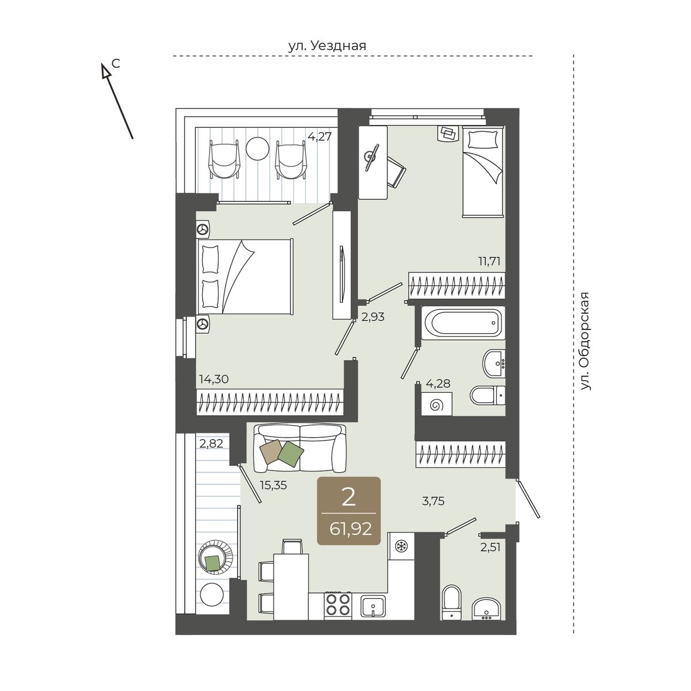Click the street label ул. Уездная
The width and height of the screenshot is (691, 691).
pyautogui.click(x=327, y=46)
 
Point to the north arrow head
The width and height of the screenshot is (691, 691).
pyautogui.click(x=105, y=71)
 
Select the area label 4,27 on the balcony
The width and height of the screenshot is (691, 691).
pyautogui.click(x=320, y=136)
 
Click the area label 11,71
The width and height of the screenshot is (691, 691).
pyautogui.click(x=488, y=261)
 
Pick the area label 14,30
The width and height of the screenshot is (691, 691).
pyautogui.click(x=214, y=379)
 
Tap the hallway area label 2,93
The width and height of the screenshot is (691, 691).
pyautogui.click(x=373, y=317)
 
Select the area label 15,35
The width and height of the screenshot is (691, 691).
pyautogui.click(x=273, y=485)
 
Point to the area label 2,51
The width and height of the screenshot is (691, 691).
pyautogui.click(x=491, y=547)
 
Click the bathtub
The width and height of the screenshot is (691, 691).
pyautogui.click(x=464, y=322)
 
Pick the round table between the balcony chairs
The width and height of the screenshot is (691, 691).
pyautogui.click(x=257, y=149)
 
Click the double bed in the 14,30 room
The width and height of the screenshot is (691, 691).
pyautogui.click(x=245, y=276)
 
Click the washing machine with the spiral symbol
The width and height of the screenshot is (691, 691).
pyautogui.click(x=436, y=404)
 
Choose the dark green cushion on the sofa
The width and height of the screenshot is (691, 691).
pyautogui.click(x=291, y=454)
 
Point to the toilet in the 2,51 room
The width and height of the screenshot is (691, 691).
pyautogui.click(x=452, y=603)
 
